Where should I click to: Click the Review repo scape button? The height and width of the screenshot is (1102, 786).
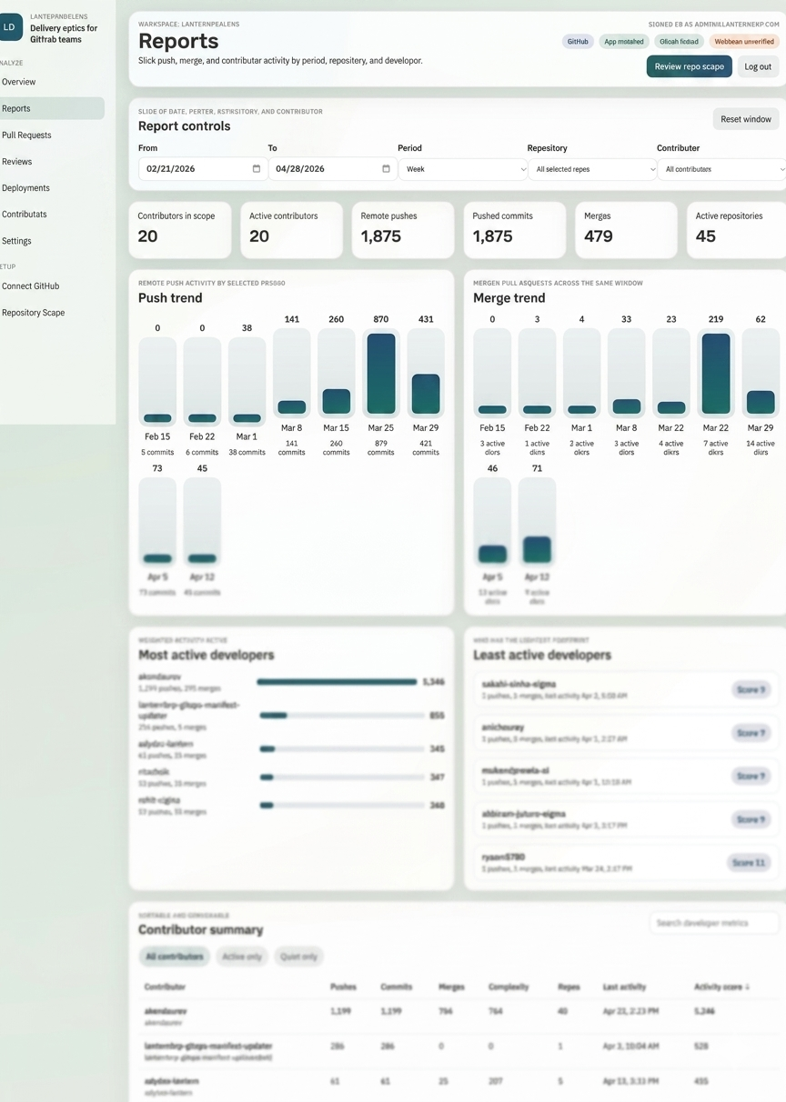(x=689, y=66)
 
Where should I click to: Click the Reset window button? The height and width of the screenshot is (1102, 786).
(x=745, y=119)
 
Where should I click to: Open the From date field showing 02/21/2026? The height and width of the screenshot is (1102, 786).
(x=202, y=169)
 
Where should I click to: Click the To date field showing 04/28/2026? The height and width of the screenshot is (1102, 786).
(x=332, y=169)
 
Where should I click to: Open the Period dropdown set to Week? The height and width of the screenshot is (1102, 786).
(x=462, y=169)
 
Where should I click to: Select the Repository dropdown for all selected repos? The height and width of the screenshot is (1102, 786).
(x=592, y=169)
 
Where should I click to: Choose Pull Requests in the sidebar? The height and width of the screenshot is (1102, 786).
(x=27, y=135)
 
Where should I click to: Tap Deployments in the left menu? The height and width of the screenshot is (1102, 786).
(x=26, y=188)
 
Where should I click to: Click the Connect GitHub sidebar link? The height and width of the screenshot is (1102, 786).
(x=31, y=286)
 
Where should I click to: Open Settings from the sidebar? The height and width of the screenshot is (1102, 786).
(x=17, y=241)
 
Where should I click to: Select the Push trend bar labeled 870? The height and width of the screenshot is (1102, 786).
(x=380, y=375)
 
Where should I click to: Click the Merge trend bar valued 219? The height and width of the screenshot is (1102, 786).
(x=716, y=375)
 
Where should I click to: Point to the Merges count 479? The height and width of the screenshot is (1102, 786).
(x=598, y=236)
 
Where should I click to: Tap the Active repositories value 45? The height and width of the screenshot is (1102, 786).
(x=706, y=236)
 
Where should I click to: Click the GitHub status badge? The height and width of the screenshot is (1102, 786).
(x=578, y=42)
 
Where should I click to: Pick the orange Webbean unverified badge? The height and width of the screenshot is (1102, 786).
(x=743, y=42)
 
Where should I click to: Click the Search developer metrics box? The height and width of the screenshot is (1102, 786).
(x=713, y=923)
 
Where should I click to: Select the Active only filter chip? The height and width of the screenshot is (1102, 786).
(x=242, y=957)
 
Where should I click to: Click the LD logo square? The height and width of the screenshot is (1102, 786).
(x=11, y=27)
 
